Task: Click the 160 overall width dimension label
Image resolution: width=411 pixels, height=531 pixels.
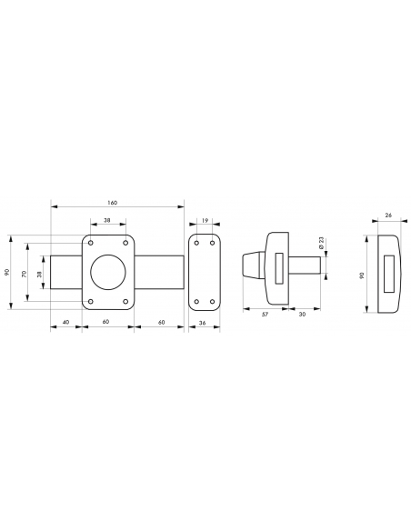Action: pos(113,203)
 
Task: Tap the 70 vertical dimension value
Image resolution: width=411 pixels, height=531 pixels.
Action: pos(24,274)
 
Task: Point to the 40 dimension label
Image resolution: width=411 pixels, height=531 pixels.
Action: pos(66,322)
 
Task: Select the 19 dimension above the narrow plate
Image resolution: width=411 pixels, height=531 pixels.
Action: pos(205,220)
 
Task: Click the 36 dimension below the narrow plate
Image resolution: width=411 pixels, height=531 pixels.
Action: pos(202,323)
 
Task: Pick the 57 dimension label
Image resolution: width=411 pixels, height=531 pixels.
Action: pos(266,315)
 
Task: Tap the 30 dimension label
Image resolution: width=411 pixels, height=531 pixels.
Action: pos(302,315)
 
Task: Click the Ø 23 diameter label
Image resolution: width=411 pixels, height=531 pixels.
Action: pos(321,243)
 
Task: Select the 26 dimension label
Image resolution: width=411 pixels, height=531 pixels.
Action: pos(388,215)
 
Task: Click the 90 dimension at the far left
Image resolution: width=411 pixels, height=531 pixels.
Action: pos(7,272)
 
